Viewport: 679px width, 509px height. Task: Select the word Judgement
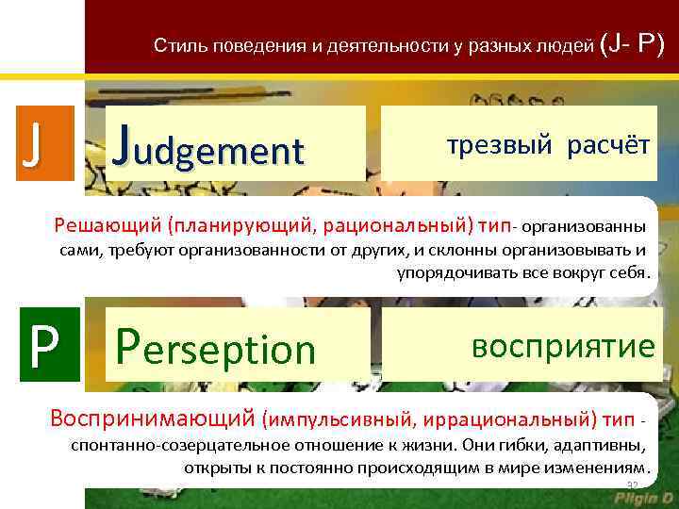click(x=208, y=145)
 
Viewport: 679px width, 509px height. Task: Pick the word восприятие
click(x=563, y=345)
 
